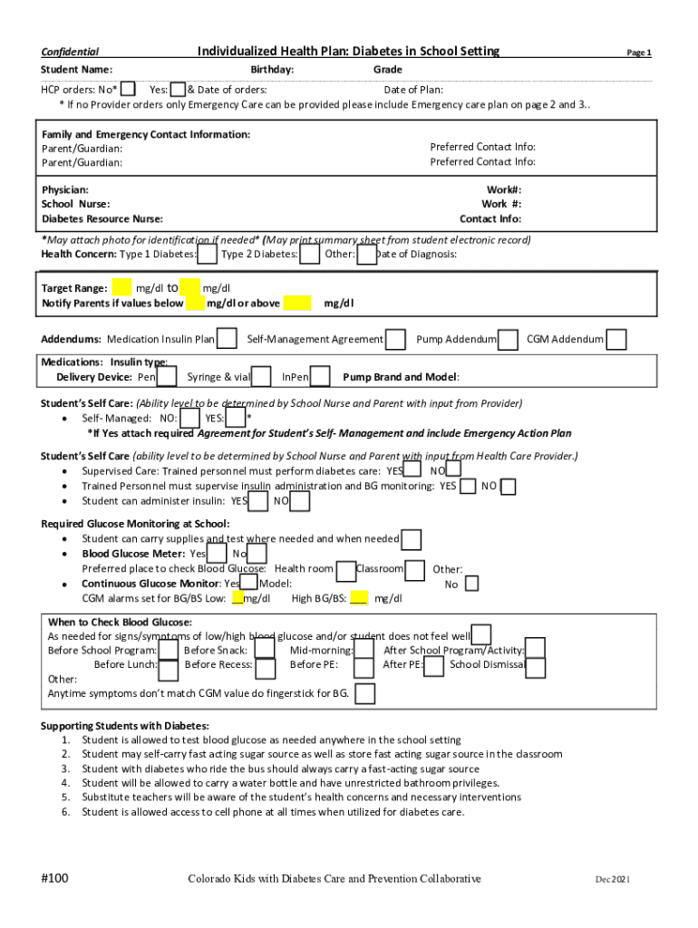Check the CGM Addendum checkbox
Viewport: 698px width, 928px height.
[x=616, y=339]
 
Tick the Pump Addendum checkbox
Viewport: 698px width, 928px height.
[x=509, y=339]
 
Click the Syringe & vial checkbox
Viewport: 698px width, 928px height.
[x=262, y=376]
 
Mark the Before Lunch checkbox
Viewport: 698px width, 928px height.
[x=168, y=669]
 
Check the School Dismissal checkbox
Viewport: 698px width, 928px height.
[x=536, y=668]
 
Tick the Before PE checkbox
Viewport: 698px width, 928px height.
[x=364, y=668]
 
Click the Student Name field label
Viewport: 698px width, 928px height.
[x=76, y=70]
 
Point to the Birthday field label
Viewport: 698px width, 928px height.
[x=272, y=70]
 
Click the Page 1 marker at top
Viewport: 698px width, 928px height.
[x=639, y=53]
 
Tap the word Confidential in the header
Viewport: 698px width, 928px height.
[x=70, y=52]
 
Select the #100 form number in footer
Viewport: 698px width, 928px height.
[x=55, y=878]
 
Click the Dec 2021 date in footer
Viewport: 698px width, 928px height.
[x=612, y=879]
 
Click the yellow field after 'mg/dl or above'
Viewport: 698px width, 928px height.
[x=296, y=303]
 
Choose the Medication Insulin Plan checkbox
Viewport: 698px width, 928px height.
[x=228, y=339]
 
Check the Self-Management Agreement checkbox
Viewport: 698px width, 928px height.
[x=395, y=339]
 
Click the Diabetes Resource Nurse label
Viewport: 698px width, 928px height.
[x=102, y=218]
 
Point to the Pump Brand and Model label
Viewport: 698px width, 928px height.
[x=401, y=376]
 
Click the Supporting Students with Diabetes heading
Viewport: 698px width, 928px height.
[x=125, y=726]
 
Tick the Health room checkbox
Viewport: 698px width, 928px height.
[x=345, y=570]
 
